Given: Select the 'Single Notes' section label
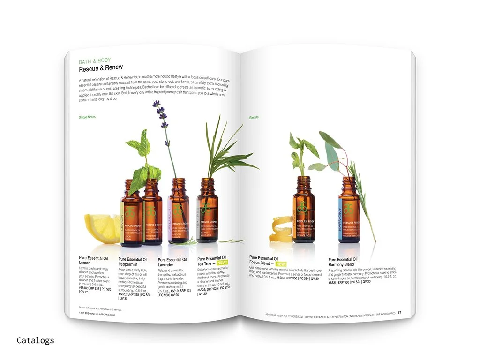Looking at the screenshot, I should click(87, 117).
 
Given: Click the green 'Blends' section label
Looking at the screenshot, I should click(254, 117).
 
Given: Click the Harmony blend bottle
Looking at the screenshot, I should click(349, 211).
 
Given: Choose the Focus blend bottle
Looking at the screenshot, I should click(304, 211).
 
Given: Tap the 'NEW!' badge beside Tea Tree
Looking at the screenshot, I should click(222, 263).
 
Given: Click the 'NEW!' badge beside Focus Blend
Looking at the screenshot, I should click(282, 263).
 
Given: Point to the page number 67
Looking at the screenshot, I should click(400, 313).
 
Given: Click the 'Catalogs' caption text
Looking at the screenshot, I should click(35, 340).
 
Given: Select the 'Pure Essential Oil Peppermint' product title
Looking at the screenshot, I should click(133, 262).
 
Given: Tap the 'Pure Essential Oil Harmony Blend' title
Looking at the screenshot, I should click(343, 262).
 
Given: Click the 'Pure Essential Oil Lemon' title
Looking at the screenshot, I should click(93, 261).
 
